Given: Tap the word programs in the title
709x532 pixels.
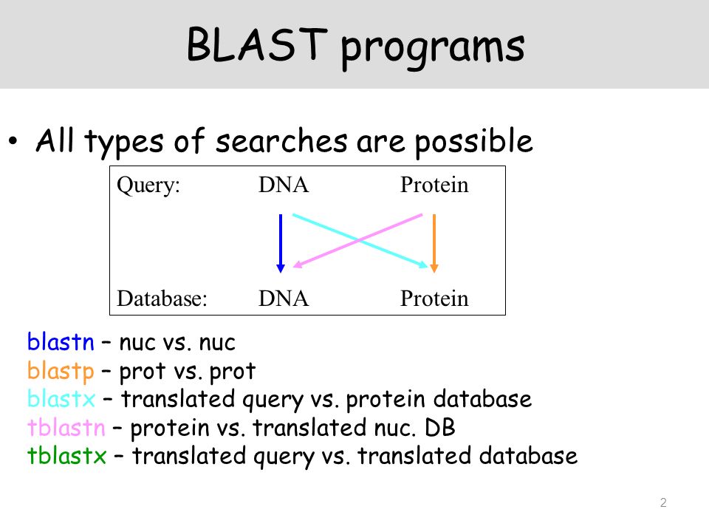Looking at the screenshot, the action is pos(433,49).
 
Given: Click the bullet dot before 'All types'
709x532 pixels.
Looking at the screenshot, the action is pos(13,140).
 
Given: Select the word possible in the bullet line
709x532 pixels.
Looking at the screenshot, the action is pos(474,142).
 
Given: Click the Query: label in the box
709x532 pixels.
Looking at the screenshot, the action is pos(148,185).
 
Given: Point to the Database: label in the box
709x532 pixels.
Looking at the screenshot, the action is pos(162,299).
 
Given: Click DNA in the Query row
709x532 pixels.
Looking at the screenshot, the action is pos(284,185).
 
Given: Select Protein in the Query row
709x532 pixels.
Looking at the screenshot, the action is pos(434,185).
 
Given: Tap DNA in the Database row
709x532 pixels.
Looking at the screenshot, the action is pos(284,299).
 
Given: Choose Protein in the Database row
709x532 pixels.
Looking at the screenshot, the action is pos(434,299).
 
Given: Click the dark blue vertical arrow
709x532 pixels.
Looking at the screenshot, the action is pos(281,243).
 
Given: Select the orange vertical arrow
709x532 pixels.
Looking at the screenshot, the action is pos(434,243).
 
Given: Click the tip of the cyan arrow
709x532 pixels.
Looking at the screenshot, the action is pos(428,267).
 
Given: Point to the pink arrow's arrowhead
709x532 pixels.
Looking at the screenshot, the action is pos(297,265).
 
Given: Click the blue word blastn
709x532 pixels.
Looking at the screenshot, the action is pos(61,342).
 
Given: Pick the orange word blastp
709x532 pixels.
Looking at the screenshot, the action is pos(61,372).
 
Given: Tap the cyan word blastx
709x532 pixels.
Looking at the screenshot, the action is pos(61,399).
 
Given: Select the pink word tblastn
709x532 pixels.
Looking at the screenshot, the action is pos(66,428).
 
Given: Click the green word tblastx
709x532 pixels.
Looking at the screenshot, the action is pos(67,456).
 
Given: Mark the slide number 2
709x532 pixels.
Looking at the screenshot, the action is pos(663,502).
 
